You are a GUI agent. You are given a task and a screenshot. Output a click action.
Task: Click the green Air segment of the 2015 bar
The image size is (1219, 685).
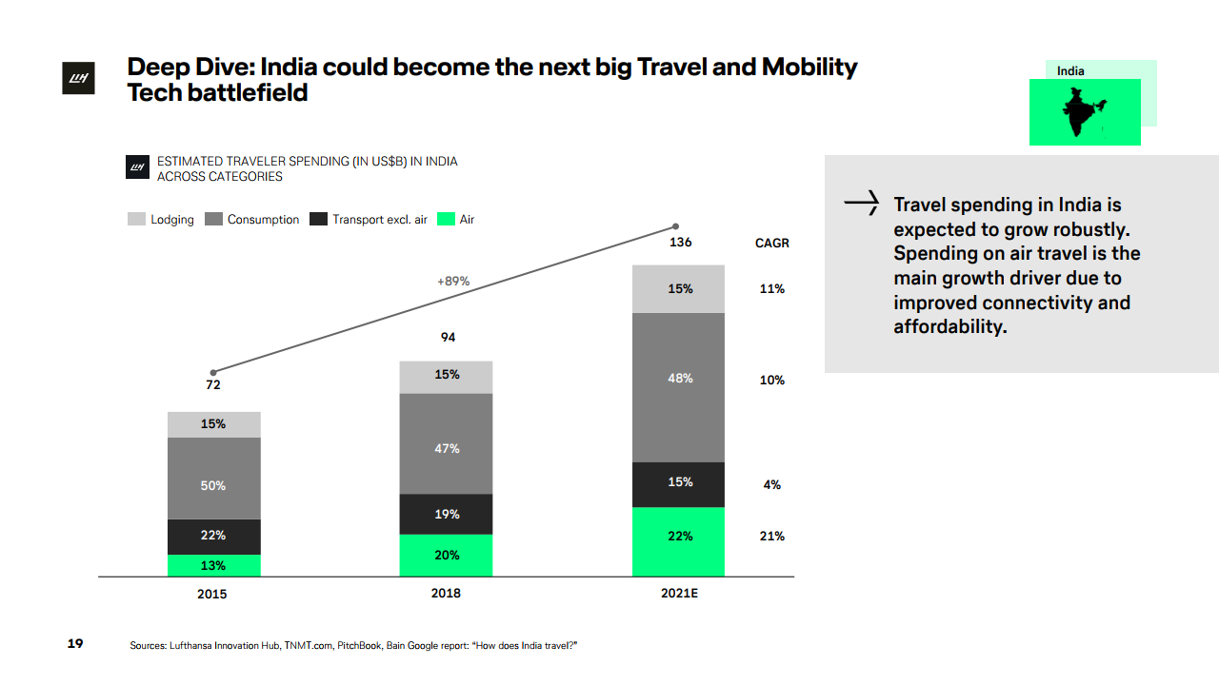pyautogui.click(x=213, y=565)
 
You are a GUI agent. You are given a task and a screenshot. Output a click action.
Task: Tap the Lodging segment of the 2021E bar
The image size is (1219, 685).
pyautogui.click(x=678, y=288)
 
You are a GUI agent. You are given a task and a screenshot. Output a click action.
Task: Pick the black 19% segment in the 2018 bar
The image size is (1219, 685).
pyautogui.click(x=446, y=514)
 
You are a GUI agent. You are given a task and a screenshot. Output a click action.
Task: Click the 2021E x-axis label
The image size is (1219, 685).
pyautogui.click(x=679, y=594)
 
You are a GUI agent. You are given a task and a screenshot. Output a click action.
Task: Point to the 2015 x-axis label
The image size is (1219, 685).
pyautogui.click(x=212, y=594)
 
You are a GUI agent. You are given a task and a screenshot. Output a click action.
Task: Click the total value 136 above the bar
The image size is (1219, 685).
pyautogui.click(x=680, y=243)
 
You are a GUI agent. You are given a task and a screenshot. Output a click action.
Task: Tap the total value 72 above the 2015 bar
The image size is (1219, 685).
pyautogui.click(x=213, y=385)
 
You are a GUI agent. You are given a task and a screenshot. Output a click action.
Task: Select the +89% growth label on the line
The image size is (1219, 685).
pyautogui.click(x=453, y=282)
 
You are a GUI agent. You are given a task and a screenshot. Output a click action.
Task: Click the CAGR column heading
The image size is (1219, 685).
pyautogui.click(x=771, y=244)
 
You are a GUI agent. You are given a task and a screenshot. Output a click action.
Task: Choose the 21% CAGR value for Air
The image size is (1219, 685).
pyautogui.click(x=771, y=537)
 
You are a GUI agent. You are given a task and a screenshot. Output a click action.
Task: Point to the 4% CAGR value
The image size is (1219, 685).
pyautogui.click(x=771, y=485)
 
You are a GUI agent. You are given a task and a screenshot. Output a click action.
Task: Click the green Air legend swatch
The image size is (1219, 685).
pyautogui.click(x=446, y=220)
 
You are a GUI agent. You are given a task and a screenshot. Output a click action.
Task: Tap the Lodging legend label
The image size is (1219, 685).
pyautogui.click(x=171, y=220)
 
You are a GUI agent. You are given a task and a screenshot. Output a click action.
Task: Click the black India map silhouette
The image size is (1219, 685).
pyautogui.click(x=1083, y=112)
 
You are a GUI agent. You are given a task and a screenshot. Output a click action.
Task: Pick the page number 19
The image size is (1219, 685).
pyautogui.click(x=75, y=644)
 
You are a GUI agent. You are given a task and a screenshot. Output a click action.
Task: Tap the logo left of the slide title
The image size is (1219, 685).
pyautogui.click(x=75, y=81)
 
